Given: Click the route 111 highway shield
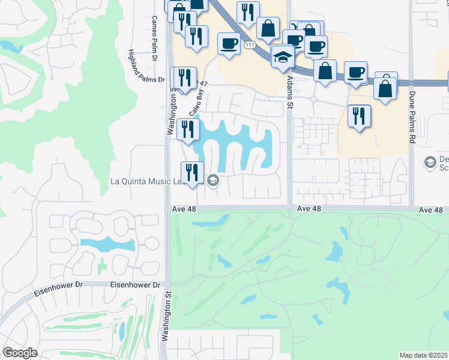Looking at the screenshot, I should [249, 45].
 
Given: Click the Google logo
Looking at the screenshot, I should [20, 353].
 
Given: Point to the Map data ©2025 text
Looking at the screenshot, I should [423, 355].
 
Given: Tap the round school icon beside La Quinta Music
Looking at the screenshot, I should [212, 180].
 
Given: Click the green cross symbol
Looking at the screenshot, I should [102, 264].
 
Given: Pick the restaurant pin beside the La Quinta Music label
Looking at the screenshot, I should [192, 172].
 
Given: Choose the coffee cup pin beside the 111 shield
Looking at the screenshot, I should [229, 44].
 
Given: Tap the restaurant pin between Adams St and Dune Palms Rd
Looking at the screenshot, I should [359, 116].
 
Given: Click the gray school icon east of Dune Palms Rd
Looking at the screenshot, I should [430, 162].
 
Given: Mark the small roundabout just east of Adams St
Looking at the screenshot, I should [313, 100].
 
